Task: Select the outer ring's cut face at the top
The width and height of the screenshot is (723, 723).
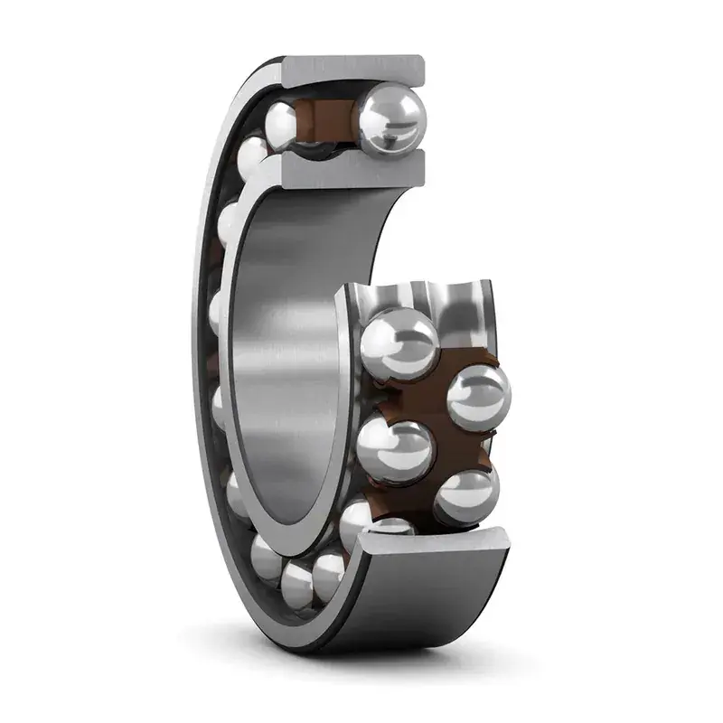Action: [353, 69]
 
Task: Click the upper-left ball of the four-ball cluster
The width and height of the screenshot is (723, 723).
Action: [398, 342]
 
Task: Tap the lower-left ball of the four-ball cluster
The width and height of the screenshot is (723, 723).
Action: [394, 450]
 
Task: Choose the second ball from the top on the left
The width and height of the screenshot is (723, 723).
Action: [253, 158]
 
